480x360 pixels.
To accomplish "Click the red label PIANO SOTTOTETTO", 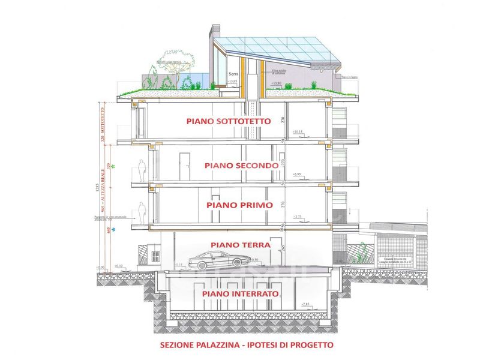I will coord(228,121).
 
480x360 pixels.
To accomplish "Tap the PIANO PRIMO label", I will coord(231,205).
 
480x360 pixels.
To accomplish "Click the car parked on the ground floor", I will coord(220,260).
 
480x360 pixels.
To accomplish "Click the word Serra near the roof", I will coord(233,74).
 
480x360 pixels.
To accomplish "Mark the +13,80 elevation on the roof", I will coord(276,83).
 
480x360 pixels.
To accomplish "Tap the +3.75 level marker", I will coord(297,215).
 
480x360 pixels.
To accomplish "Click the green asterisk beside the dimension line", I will coord(113,166).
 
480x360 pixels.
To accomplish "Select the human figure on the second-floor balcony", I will coord(142,170).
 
